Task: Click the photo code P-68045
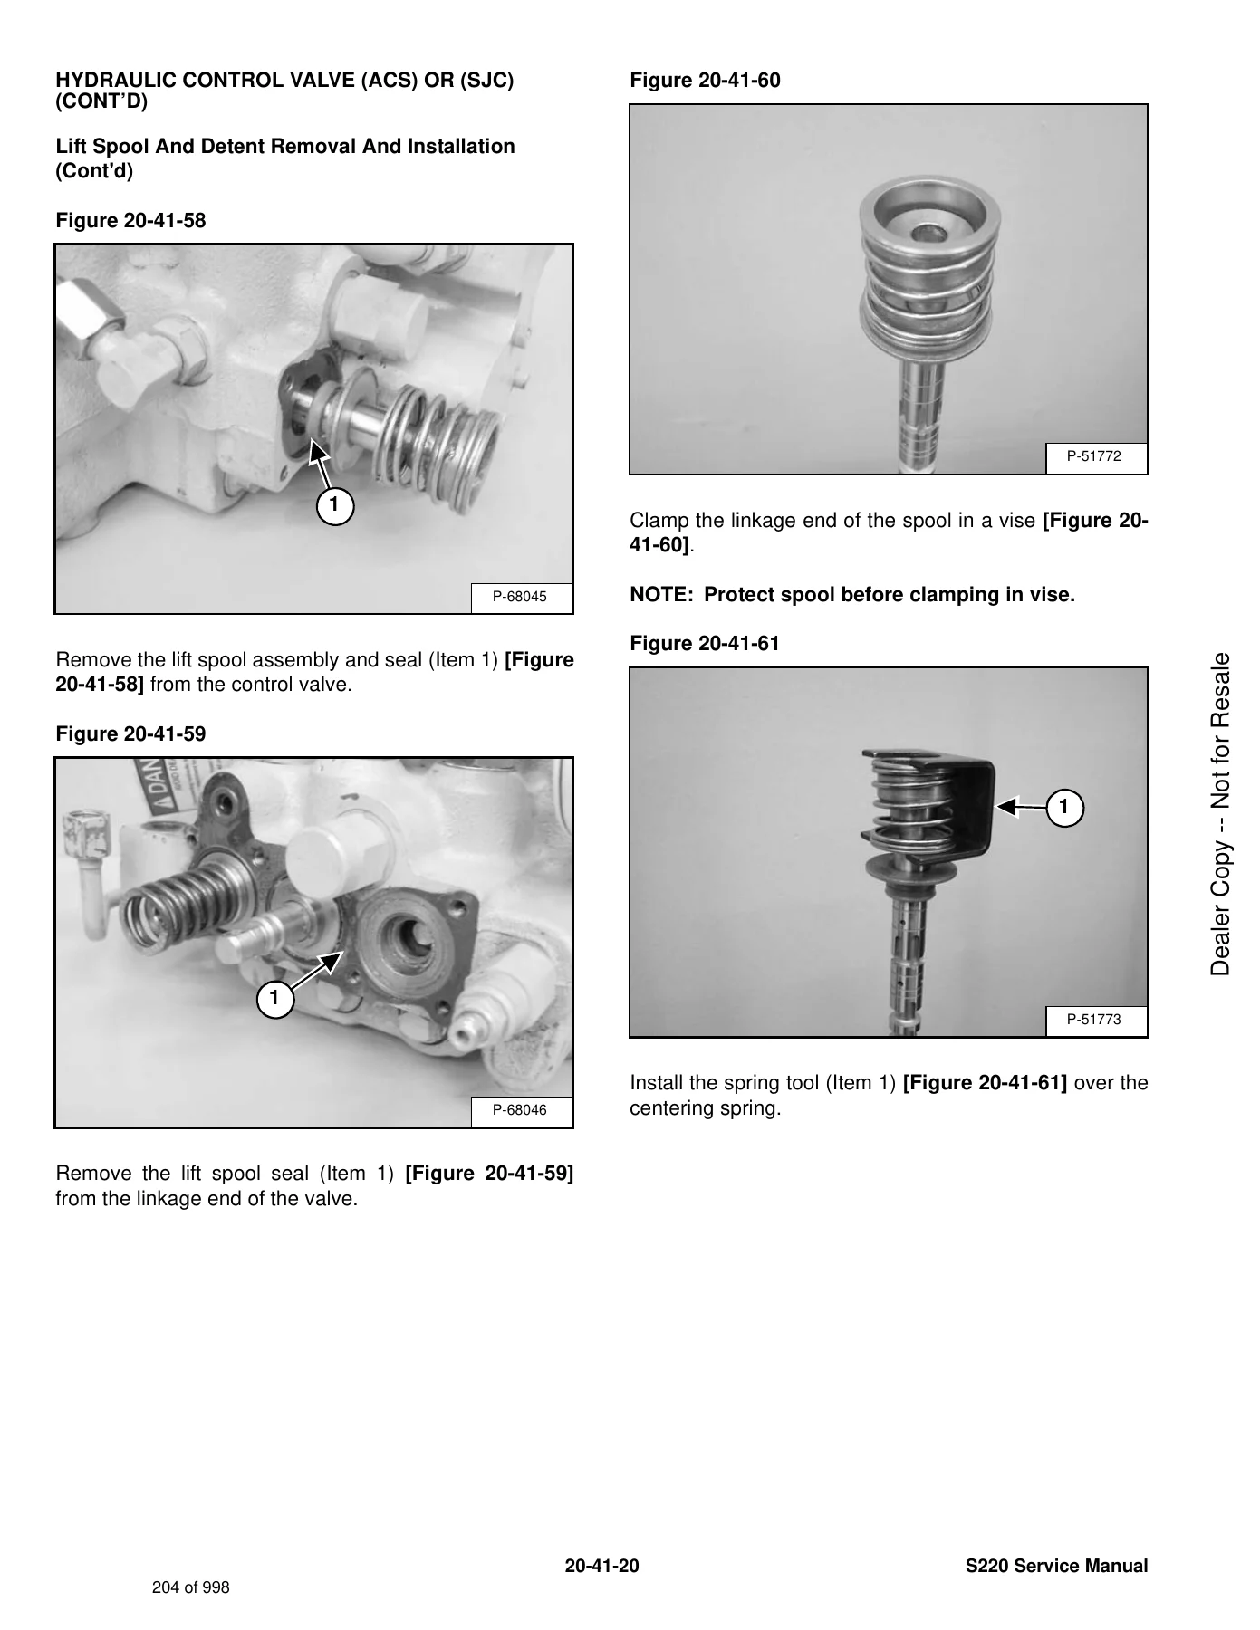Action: tap(519, 597)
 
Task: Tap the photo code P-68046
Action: tap(519, 1110)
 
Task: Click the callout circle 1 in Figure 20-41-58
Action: tap(334, 505)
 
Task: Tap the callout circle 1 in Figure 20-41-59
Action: tap(275, 1000)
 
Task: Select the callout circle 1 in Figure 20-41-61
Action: tap(1065, 806)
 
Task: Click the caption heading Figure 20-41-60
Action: tap(705, 81)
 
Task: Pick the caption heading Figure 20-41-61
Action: tap(705, 644)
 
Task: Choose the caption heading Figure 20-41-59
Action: tap(131, 734)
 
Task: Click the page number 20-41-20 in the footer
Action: tap(601, 1567)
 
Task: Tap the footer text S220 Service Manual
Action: tap(1057, 1567)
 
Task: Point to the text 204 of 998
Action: tap(191, 1587)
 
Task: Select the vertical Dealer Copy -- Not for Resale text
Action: tap(1221, 813)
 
